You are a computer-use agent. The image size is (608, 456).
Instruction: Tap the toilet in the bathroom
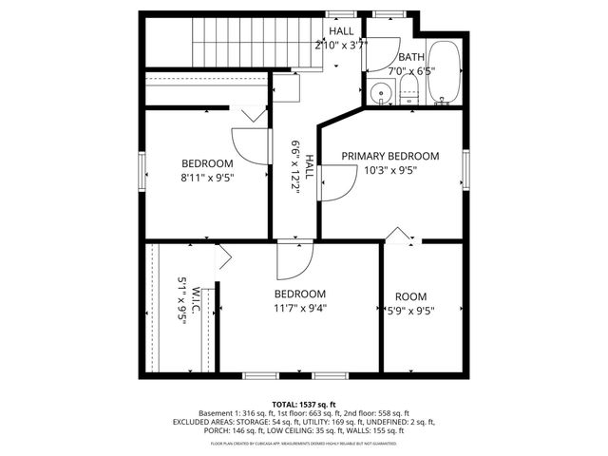click(409, 93)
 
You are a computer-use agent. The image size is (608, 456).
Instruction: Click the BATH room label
click(411, 57)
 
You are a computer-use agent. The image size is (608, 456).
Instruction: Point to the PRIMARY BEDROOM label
click(390, 156)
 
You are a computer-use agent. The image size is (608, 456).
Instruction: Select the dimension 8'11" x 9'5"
click(207, 177)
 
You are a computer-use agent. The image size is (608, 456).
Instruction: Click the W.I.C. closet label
click(195, 303)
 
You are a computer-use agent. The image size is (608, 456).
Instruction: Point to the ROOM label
click(410, 295)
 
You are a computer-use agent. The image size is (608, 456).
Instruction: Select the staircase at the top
click(233, 43)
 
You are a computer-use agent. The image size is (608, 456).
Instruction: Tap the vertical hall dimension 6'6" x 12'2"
click(295, 167)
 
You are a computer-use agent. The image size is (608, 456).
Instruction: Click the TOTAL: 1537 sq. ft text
click(304, 405)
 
